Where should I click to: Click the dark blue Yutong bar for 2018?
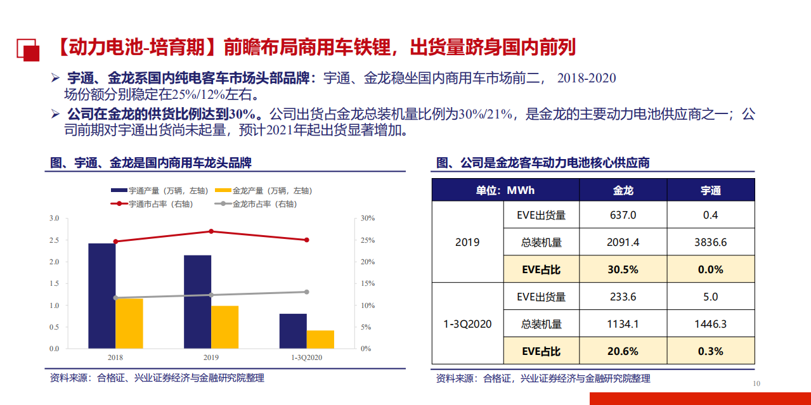[101, 295]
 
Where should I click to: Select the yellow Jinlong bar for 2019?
[224, 327]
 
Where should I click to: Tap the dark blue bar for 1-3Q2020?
[293, 331]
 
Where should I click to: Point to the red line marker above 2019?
[211, 231]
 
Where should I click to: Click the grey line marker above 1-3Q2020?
[306, 292]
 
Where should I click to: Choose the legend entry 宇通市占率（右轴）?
[152, 204]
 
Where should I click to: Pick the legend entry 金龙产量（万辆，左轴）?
[263, 191]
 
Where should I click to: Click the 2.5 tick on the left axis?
[54, 240]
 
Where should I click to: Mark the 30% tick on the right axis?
[368, 218]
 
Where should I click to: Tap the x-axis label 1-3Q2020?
[307, 358]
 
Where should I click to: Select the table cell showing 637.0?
[623, 215]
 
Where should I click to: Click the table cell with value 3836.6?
[710, 242]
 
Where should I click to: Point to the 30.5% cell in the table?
[623, 269]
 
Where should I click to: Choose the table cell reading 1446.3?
[710, 324]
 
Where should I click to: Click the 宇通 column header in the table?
[710, 190]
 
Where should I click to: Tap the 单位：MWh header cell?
[505, 190]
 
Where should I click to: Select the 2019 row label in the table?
[467, 242]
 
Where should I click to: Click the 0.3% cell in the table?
[710, 351]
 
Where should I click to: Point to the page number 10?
[756, 383]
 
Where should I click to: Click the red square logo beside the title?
[27, 49]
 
